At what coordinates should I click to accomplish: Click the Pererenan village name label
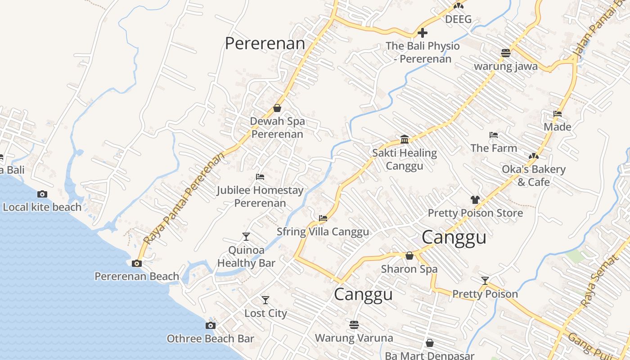point(265,44)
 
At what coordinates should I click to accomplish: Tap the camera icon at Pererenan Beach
point(136,263)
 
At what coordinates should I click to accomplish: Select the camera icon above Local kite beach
point(42,194)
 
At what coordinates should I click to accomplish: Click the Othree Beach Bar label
point(210,338)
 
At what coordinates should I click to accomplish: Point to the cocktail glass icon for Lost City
point(265,300)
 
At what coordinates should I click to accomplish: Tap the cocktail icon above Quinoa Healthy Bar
point(246,236)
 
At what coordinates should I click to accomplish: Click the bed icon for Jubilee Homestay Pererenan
point(260,177)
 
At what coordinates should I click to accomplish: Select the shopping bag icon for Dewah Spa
point(277,108)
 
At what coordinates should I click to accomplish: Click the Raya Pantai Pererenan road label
point(185,198)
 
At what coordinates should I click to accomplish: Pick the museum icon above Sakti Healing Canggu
point(405,139)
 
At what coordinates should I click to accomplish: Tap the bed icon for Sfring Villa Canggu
point(323,218)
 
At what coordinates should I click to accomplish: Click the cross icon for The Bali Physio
point(423,33)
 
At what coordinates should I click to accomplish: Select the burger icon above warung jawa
point(505,53)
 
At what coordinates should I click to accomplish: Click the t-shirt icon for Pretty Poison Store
point(475,199)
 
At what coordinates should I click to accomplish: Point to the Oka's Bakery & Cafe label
point(534,175)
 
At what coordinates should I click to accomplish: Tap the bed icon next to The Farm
point(493,135)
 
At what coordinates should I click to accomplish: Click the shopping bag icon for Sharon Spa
point(409,256)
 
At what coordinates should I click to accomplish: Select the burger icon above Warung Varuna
point(354,324)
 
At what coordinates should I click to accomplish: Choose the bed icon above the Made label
point(558,114)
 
